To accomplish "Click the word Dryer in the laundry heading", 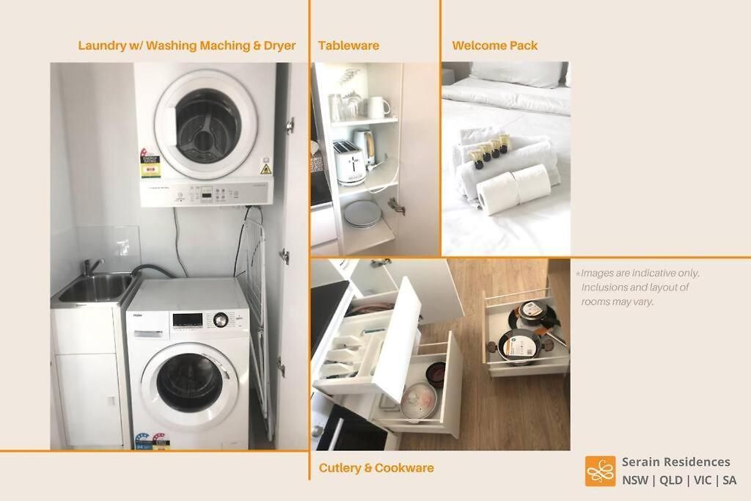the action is (x=279, y=46).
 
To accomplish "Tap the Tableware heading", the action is (x=348, y=45).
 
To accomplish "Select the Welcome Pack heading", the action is (x=495, y=45).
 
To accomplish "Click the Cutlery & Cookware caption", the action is (x=376, y=468).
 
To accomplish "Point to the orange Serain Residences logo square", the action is (x=600, y=472).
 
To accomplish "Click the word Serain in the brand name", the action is (x=640, y=462).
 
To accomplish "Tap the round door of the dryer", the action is (x=206, y=125).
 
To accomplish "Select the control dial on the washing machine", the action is (x=220, y=320).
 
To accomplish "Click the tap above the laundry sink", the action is (x=91, y=265).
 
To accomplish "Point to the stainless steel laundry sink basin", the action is (x=95, y=288).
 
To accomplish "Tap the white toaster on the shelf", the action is (x=349, y=163).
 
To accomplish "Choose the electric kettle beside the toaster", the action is (x=366, y=146).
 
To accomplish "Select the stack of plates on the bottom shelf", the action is (x=362, y=213).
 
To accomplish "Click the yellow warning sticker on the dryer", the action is (x=265, y=169).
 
